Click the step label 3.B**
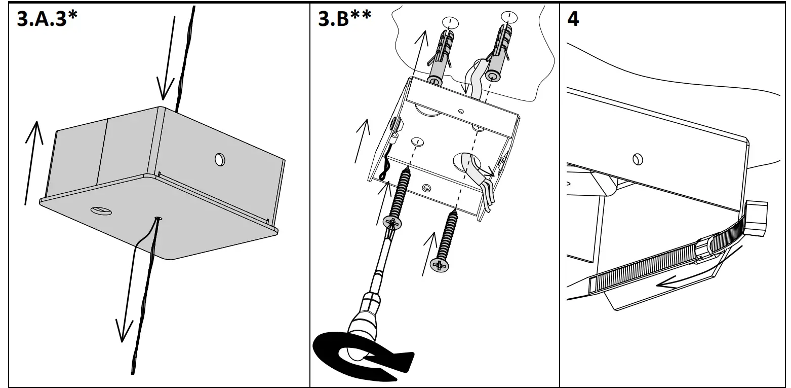[x=345, y=19]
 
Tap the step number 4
[x=573, y=20]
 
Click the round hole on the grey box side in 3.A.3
[x=220, y=159]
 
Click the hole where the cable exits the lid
[x=159, y=218]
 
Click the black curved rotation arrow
[x=354, y=355]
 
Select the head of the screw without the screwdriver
[x=440, y=265]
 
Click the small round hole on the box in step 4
[x=638, y=160]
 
